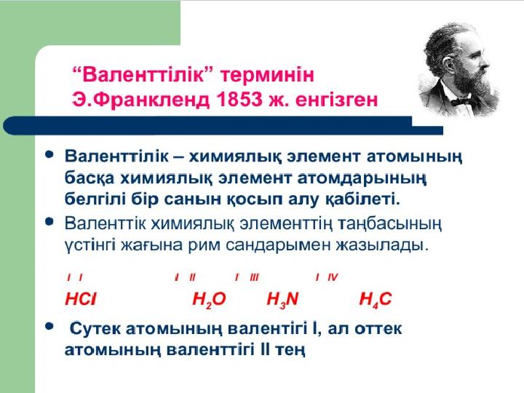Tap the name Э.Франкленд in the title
[x=141, y=100]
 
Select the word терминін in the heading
[x=267, y=75]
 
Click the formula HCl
[x=81, y=299]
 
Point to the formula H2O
[x=209, y=300]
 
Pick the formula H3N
[x=282, y=300]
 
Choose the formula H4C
[x=376, y=300]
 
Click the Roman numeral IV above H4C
[x=333, y=277]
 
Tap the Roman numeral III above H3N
[x=254, y=277]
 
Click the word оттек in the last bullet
[x=378, y=329]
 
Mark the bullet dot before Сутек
[x=49, y=326]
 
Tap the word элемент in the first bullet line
[x=322, y=156]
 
